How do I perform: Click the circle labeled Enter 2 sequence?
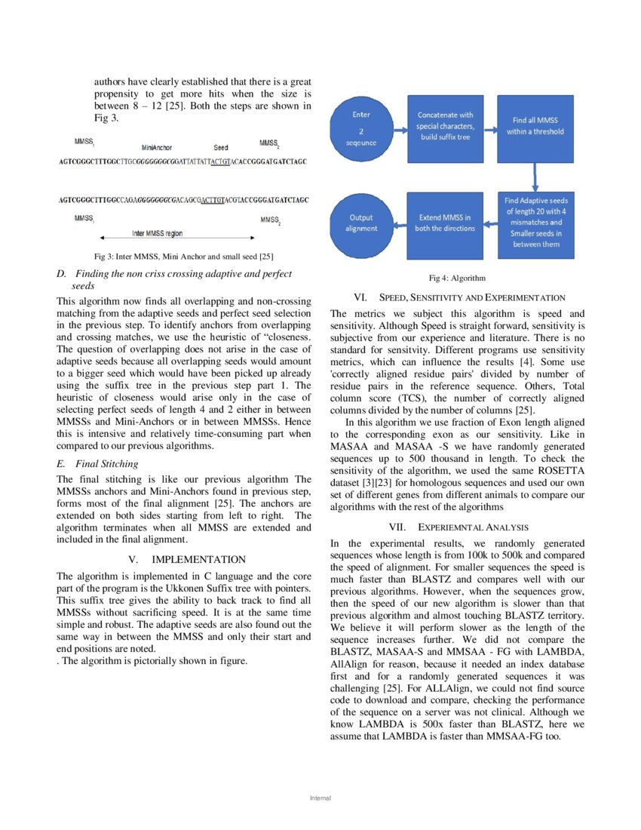coord(361,129)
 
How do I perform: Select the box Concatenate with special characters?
coord(445,129)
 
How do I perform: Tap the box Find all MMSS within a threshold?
coord(535,129)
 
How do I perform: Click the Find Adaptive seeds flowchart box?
coord(536,223)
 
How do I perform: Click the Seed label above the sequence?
coord(221,148)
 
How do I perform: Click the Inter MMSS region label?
coord(157,233)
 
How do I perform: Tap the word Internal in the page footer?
coord(320,798)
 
